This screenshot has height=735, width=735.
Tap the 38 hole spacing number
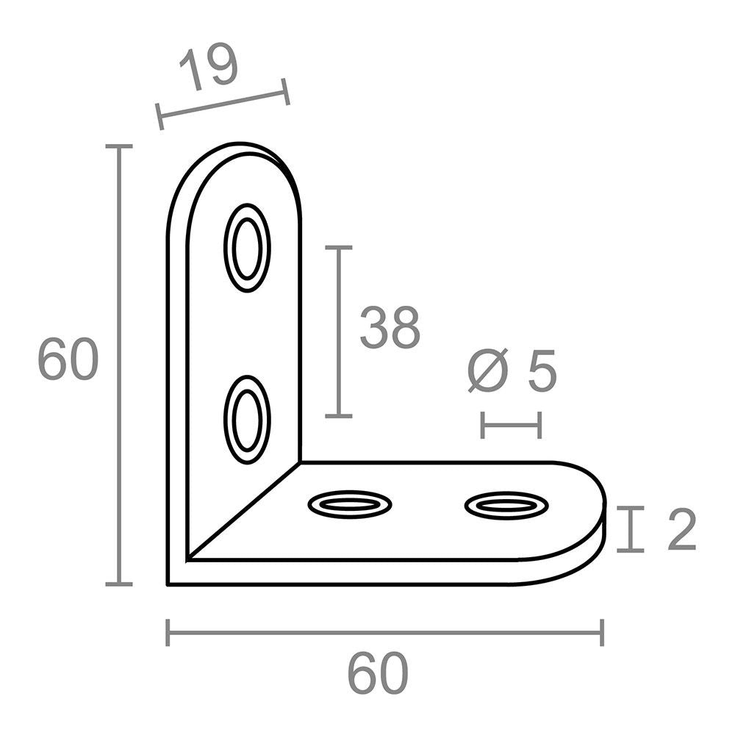point(390,328)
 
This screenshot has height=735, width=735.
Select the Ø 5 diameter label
point(513,372)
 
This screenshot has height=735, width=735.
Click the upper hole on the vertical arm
point(247,248)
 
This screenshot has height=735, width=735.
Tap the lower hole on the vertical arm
point(247,420)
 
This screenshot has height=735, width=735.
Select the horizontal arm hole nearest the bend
point(350,504)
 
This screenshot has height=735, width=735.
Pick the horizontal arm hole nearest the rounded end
point(506,505)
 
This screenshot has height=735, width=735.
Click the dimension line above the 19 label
point(223,104)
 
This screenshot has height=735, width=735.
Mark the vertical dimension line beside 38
point(338,331)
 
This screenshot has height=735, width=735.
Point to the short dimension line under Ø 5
point(511,425)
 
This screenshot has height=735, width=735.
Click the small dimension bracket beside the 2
point(630,528)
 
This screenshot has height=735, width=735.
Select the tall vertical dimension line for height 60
point(118,365)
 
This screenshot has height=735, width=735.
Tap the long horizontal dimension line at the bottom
point(384,632)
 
